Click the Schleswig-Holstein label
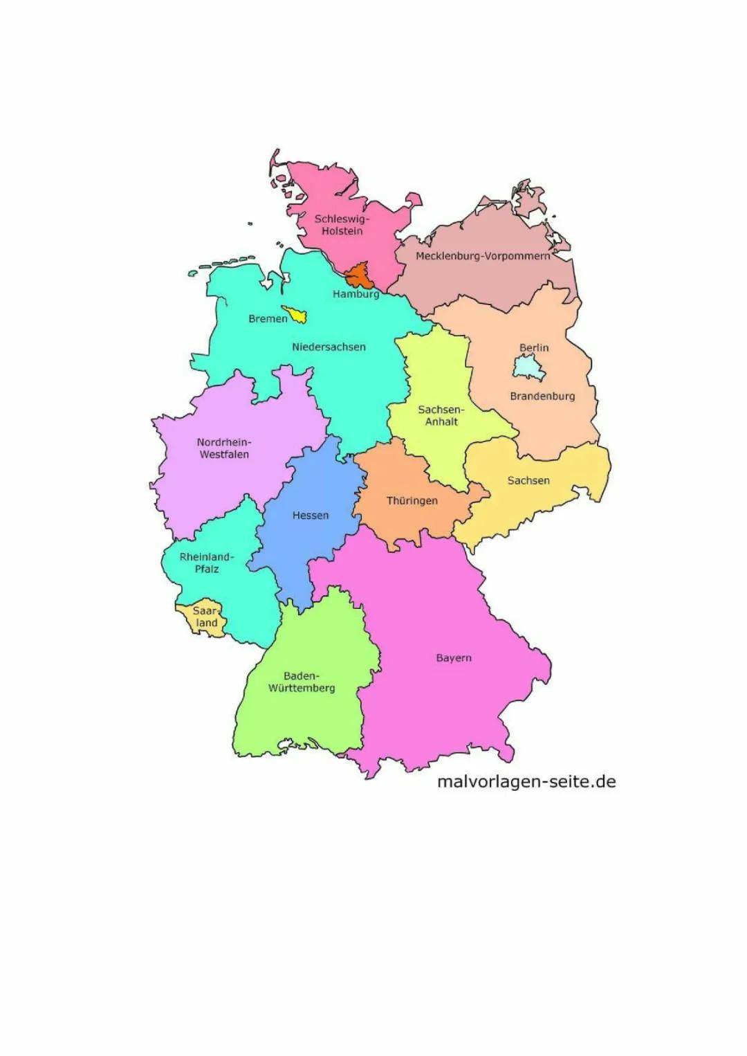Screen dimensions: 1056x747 pyautogui.click(x=342, y=225)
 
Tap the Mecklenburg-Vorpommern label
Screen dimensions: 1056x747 pyautogui.click(x=483, y=256)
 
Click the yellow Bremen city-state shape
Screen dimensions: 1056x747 pyautogui.click(x=297, y=315)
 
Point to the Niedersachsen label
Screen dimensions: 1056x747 pyautogui.click(x=329, y=347)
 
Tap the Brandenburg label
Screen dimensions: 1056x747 pyautogui.click(x=542, y=397)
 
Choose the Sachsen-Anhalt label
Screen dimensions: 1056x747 pyautogui.click(x=441, y=415)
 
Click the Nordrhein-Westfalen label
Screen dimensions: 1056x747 pyautogui.click(x=224, y=448)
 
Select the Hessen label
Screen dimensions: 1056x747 pyautogui.click(x=311, y=516)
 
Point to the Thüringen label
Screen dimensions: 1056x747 pyautogui.click(x=412, y=501)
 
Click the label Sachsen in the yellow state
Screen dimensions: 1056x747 pyautogui.click(x=528, y=480)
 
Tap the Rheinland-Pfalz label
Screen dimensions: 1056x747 pyautogui.click(x=207, y=563)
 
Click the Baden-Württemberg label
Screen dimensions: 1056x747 pyautogui.click(x=302, y=682)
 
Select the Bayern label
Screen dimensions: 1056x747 pyautogui.click(x=454, y=658)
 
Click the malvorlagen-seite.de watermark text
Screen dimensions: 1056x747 pyautogui.click(x=526, y=782)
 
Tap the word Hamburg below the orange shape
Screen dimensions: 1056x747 pyautogui.click(x=356, y=294)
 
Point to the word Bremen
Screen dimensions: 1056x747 pyautogui.click(x=268, y=319)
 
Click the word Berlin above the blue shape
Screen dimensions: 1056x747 pyautogui.click(x=534, y=347)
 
